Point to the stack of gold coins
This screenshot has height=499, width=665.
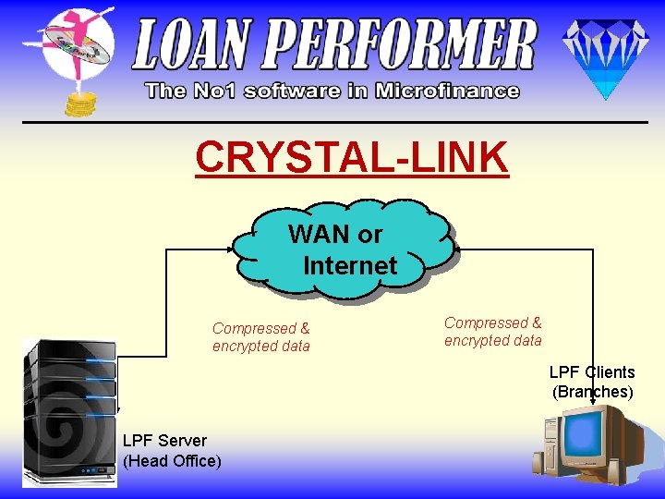pyautogui.click(x=79, y=103)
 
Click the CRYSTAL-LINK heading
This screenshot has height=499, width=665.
pyautogui.click(x=352, y=157)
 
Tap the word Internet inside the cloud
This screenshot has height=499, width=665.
pyautogui.click(x=350, y=266)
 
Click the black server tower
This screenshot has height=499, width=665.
pyautogui.click(x=69, y=411)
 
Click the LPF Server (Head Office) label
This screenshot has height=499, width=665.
pyautogui.click(x=172, y=450)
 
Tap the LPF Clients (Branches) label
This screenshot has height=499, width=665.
pyautogui.click(x=592, y=382)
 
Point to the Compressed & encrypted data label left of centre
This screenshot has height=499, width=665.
pyautogui.click(x=261, y=337)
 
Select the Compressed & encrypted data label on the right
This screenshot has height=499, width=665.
pyautogui.click(x=493, y=332)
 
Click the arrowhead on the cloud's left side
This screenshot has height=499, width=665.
pyautogui.click(x=235, y=249)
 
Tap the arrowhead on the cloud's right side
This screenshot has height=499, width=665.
pyautogui.click(x=454, y=249)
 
